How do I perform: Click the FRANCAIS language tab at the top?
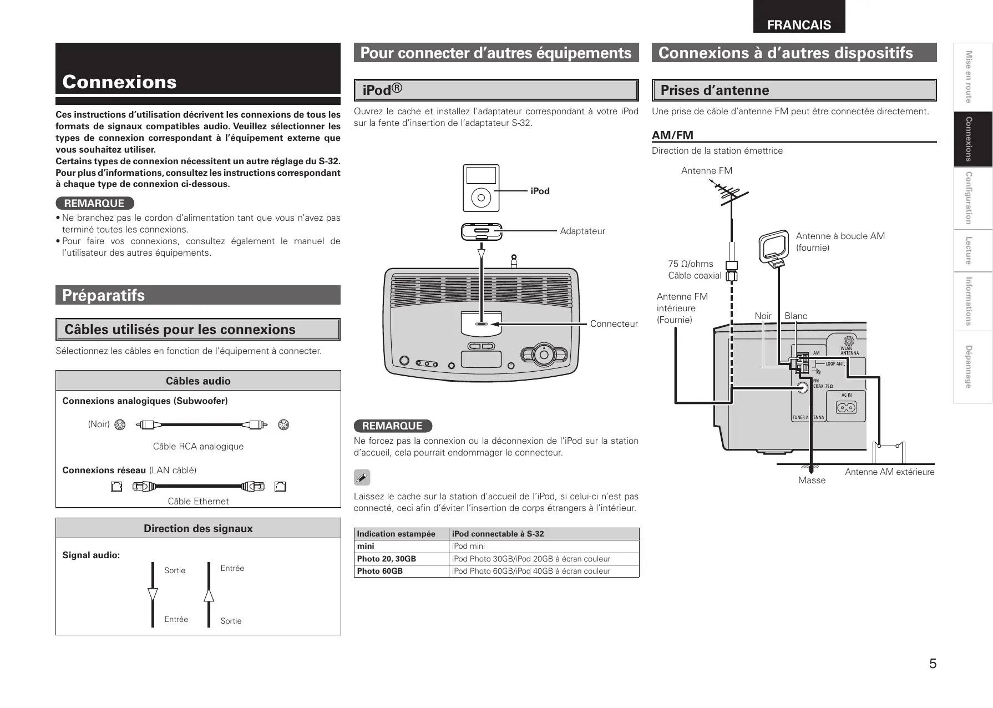(x=799, y=24)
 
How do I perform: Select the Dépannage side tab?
(x=969, y=367)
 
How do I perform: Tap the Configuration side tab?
(x=969, y=198)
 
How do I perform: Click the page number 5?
(x=933, y=663)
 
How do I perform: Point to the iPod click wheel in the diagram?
(x=481, y=197)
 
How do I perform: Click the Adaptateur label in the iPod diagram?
(x=582, y=231)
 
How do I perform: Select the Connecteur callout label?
(x=614, y=323)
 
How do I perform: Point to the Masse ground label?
(x=812, y=480)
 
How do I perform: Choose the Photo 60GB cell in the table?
(x=380, y=571)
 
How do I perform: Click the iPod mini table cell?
(x=468, y=546)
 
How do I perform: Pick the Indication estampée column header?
(x=396, y=534)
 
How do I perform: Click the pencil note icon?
(x=362, y=477)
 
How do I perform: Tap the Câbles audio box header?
(x=198, y=381)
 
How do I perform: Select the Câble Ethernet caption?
(x=198, y=501)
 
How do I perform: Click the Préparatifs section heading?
(x=104, y=295)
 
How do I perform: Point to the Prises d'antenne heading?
(x=715, y=90)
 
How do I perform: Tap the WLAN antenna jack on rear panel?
(x=848, y=341)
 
